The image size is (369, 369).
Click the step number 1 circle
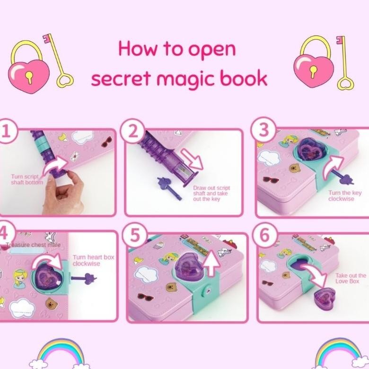point(6,132)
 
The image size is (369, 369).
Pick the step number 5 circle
point(135,235)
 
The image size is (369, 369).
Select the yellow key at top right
point(344,62)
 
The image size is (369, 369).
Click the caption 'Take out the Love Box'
point(351,278)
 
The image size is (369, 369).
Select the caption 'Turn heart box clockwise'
point(93,260)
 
